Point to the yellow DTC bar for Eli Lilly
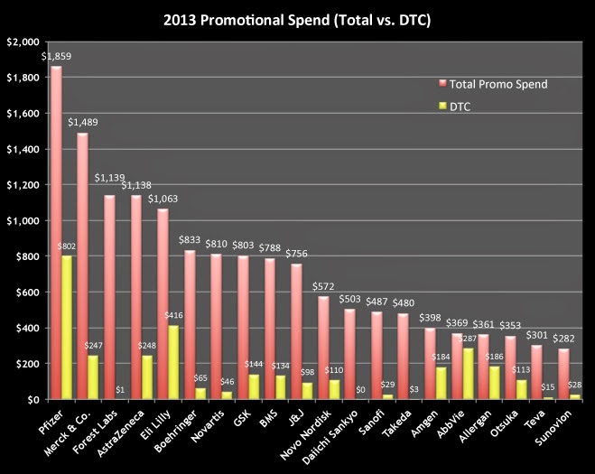(172, 362)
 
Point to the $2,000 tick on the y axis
(22, 42)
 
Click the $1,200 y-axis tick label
(22, 185)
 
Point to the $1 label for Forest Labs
(120, 390)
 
